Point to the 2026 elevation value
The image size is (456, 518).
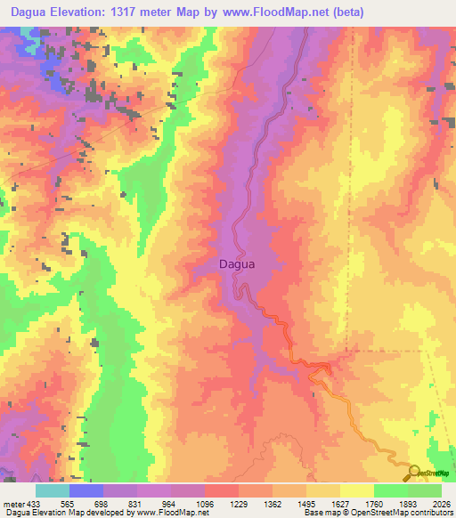point(441,503)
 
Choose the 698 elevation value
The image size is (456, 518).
point(87,503)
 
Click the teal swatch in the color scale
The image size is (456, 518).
point(53,490)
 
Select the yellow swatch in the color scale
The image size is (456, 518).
point(356,490)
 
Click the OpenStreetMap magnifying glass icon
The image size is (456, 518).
point(415,473)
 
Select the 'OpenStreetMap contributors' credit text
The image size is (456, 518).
point(401,513)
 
